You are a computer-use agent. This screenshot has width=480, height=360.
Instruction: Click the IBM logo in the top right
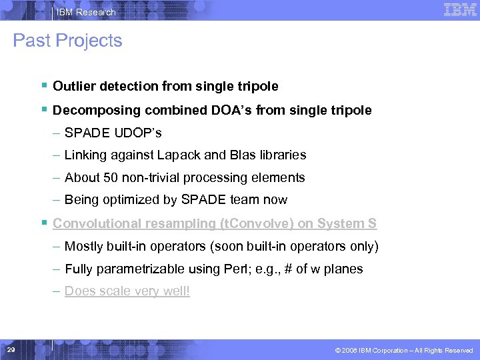[459, 9]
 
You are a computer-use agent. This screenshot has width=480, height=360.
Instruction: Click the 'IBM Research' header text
[85, 12]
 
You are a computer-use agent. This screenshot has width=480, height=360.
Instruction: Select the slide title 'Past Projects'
[67, 41]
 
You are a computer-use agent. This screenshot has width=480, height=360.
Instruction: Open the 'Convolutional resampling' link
[126, 223]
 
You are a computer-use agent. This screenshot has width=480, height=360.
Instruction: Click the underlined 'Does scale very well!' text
[127, 291]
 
